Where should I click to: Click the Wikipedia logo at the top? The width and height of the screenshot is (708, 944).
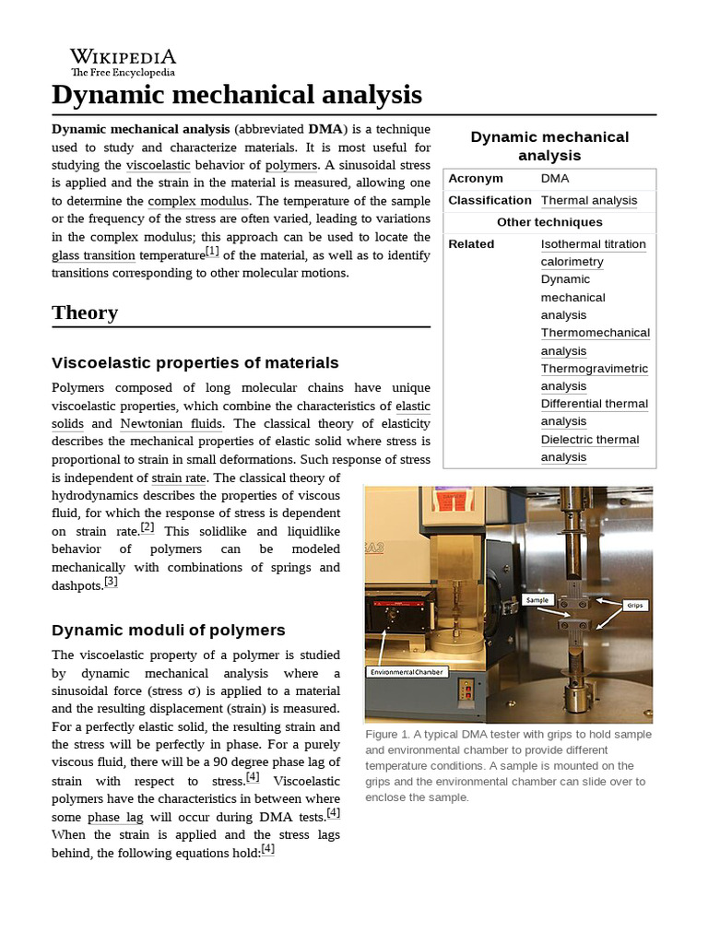(123, 62)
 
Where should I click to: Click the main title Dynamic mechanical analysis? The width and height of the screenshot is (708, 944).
(237, 95)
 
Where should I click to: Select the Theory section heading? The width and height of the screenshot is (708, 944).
(85, 313)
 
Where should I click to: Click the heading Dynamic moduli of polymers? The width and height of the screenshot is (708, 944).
(169, 630)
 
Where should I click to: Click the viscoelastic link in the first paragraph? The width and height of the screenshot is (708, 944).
(158, 165)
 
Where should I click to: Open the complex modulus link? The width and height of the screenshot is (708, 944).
(198, 200)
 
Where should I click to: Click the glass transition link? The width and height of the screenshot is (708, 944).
(93, 255)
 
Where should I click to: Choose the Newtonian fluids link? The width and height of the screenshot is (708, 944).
(171, 424)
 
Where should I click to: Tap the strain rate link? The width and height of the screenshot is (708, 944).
(179, 478)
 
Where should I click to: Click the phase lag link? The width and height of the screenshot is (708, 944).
(116, 818)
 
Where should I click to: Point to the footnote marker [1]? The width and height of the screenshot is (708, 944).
(212, 252)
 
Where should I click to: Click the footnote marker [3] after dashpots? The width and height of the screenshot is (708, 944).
(111, 582)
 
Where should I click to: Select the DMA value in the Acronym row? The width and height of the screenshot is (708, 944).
(555, 178)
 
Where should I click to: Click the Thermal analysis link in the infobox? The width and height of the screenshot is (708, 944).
(588, 200)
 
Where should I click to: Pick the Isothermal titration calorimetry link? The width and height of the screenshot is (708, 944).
(593, 253)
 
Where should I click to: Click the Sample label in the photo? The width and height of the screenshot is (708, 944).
(537, 599)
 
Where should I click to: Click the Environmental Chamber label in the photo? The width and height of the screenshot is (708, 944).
(407, 672)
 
